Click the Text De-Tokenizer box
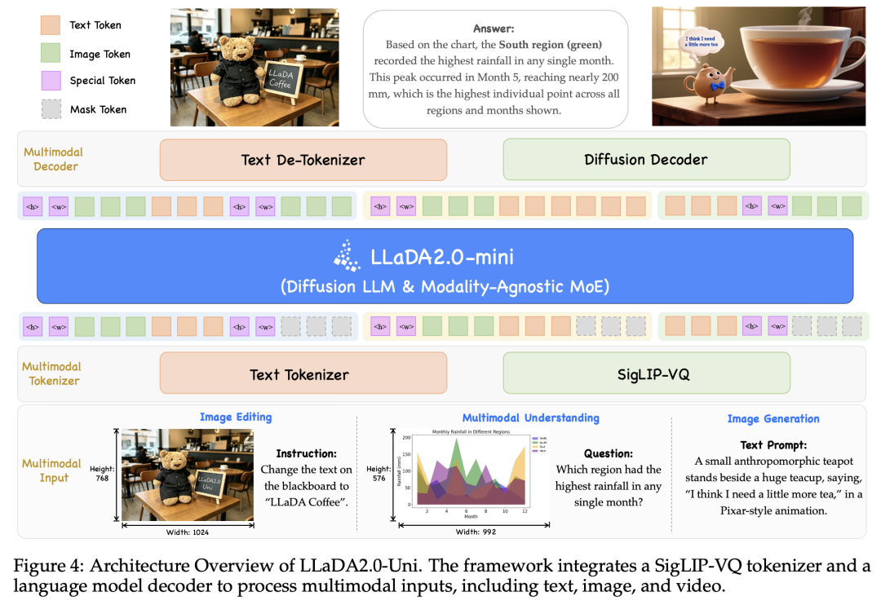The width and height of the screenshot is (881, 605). tap(303, 160)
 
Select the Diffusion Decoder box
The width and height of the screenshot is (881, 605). tap(645, 160)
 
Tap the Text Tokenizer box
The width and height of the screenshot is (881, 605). tap(303, 374)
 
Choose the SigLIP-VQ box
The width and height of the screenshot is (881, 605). tap(645, 374)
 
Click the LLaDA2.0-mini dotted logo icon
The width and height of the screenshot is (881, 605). tap(347, 256)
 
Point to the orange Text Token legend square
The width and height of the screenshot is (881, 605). tap(50, 25)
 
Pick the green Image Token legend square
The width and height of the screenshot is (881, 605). tap(50, 54)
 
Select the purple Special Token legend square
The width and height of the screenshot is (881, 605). tap(50, 81)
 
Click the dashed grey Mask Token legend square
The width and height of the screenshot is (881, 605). tap(50, 109)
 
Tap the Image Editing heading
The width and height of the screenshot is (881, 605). tap(236, 417)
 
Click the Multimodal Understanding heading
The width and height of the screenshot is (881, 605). tap(530, 418)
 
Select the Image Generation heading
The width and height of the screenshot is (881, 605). tap(773, 419)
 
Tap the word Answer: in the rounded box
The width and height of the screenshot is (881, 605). tap(495, 29)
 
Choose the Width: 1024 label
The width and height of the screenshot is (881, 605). tap(188, 531)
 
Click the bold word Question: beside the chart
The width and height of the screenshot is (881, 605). tap(608, 454)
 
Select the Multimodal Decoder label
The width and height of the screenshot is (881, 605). tap(54, 159)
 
